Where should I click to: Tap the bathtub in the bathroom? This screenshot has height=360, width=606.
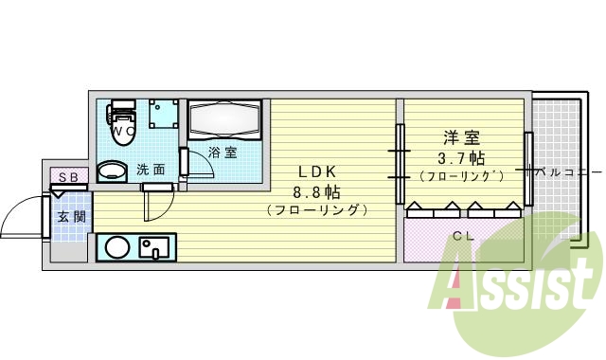click(x=224, y=120)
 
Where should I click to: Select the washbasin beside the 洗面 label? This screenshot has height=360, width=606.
click(x=113, y=171)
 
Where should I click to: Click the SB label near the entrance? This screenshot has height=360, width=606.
click(x=68, y=177)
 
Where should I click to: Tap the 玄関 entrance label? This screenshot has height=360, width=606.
click(x=71, y=216)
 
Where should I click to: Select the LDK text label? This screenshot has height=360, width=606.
click(x=317, y=171)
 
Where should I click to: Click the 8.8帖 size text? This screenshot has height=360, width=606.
click(x=317, y=190)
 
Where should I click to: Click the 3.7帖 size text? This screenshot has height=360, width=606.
click(x=462, y=157)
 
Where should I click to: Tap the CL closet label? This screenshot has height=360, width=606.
click(x=462, y=236)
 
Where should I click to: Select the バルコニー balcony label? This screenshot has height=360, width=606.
click(x=567, y=173)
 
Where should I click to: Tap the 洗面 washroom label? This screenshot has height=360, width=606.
click(x=150, y=171)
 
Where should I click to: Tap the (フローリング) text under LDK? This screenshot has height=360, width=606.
click(x=317, y=209)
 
